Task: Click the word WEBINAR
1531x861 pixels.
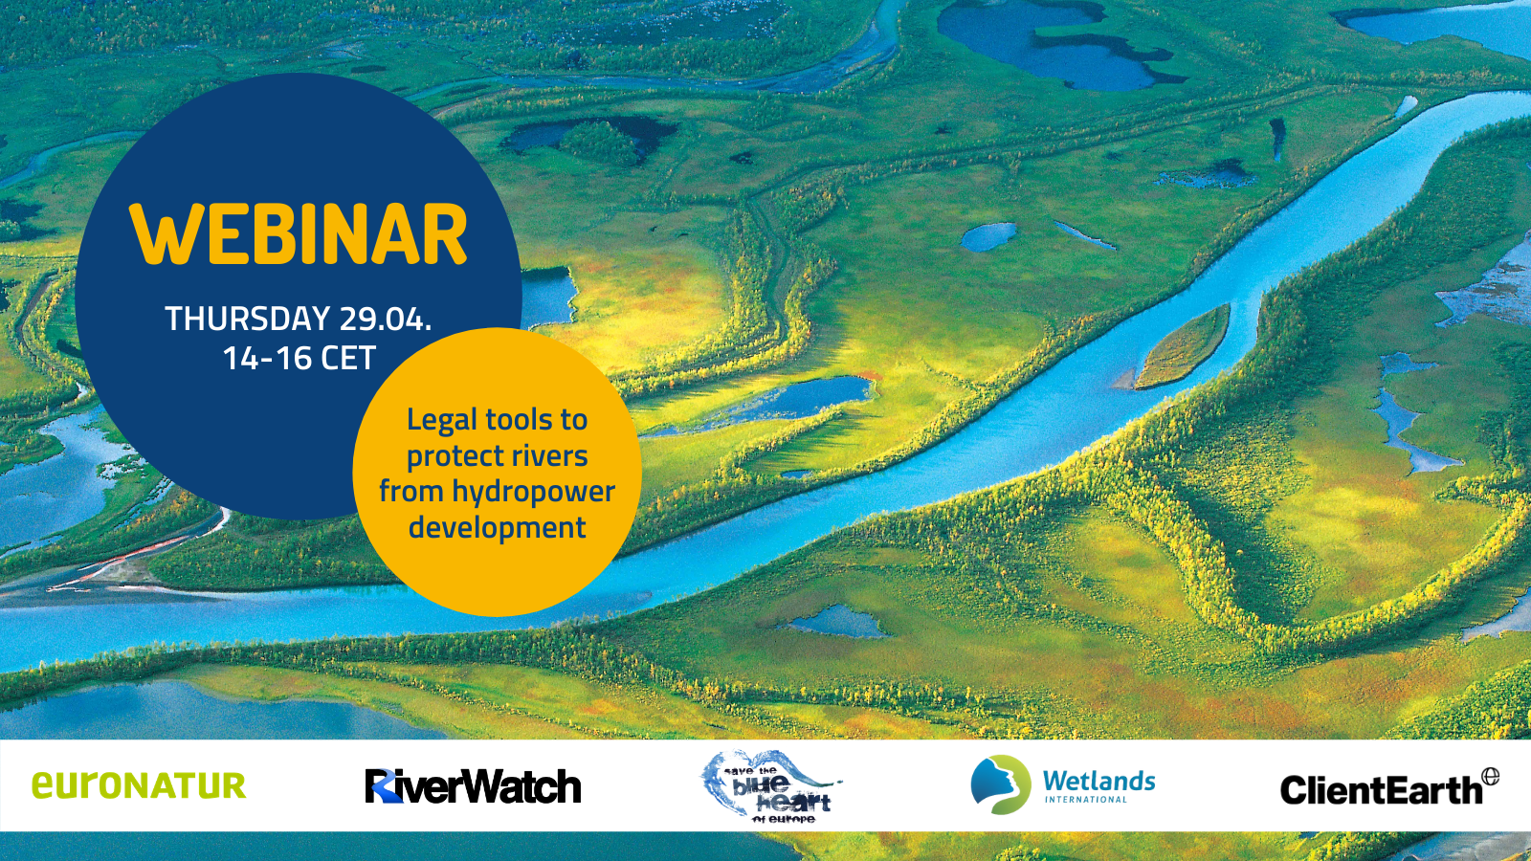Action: click(299, 233)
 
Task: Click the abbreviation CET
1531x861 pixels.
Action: click(349, 358)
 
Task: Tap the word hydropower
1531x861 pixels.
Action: click(534, 493)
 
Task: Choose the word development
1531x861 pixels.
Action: click(498, 528)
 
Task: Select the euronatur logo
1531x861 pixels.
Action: click(139, 785)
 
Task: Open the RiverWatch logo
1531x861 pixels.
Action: click(473, 785)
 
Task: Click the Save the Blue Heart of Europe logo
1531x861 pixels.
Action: click(771, 785)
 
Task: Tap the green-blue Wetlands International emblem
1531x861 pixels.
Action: click(1001, 784)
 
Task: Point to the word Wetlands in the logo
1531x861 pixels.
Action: click(1099, 781)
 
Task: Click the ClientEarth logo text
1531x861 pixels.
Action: click(1381, 790)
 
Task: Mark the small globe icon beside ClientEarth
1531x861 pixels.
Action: click(1491, 776)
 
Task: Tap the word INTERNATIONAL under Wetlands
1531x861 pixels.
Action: click(1086, 800)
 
